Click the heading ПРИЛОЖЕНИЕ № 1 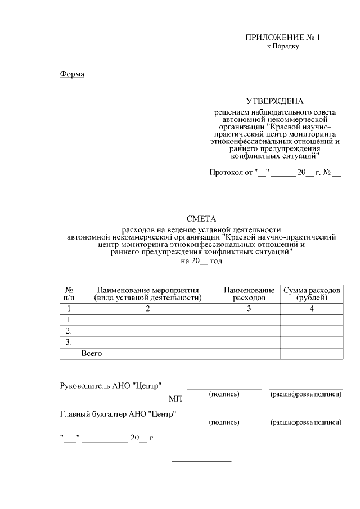[282, 38]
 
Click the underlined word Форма [72, 74]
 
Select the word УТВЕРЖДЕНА [275, 101]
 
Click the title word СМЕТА [201, 219]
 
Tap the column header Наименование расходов [249, 294]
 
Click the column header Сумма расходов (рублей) [311, 294]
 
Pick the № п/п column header [68, 294]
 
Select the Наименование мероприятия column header [147, 294]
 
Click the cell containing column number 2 [147, 309]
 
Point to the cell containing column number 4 [311, 309]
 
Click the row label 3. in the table [68, 342]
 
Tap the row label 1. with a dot [68, 320]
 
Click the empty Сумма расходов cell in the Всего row [311, 353]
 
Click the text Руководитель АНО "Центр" [111, 386]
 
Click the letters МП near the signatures [175, 399]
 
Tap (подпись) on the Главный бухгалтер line [224, 422]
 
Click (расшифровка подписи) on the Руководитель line [306, 394]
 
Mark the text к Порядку [282, 46]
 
